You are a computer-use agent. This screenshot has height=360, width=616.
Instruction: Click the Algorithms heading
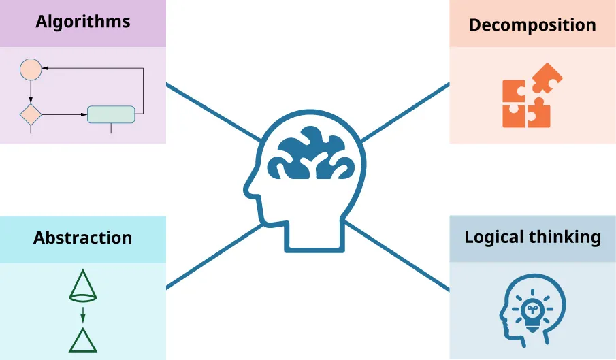click(x=83, y=21)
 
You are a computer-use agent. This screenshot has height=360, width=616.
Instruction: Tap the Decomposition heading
click(x=532, y=25)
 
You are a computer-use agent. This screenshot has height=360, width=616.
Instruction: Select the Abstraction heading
click(x=82, y=238)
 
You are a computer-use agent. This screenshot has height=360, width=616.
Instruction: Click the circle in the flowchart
click(x=31, y=68)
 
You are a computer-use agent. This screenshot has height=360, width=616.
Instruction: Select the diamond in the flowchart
click(x=31, y=114)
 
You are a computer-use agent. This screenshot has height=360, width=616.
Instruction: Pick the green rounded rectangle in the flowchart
click(x=111, y=114)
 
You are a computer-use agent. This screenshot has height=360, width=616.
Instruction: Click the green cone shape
click(x=83, y=287)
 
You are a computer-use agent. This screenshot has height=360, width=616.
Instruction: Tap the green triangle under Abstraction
click(x=83, y=340)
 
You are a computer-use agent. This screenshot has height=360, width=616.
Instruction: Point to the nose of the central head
click(x=250, y=189)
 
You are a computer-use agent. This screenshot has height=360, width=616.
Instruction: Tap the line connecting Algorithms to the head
click(x=211, y=112)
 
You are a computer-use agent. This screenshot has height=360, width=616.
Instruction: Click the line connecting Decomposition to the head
click(x=405, y=112)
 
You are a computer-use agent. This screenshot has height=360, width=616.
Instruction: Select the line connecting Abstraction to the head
click(x=211, y=255)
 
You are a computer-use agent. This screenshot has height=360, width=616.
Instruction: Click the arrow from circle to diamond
click(x=31, y=91)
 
